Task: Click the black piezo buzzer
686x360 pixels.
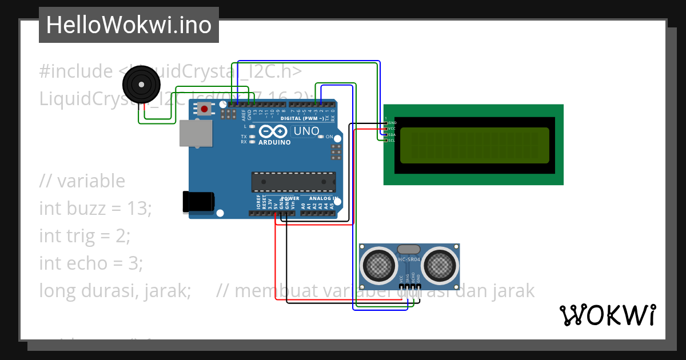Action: point(141,85)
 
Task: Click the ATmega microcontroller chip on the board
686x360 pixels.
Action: point(293,181)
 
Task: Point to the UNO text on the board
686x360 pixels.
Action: point(306,131)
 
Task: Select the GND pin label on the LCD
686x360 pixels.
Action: point(392,123)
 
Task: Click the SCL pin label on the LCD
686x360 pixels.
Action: point(392,140)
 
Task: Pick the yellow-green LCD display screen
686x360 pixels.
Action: point(474,145)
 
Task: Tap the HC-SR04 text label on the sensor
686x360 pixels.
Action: point(409,259)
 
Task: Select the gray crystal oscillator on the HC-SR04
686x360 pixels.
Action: point(408,249)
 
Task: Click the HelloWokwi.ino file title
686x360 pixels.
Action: point(129,25)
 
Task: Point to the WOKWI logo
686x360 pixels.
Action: point(607,315)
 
